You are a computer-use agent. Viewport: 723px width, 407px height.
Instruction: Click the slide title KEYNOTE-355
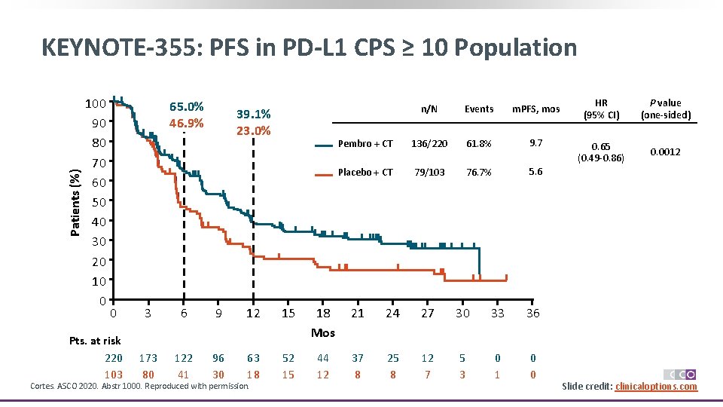[309, 48]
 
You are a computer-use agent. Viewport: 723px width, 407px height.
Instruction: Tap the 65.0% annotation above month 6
[186, 106]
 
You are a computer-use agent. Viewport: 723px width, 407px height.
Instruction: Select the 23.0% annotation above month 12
[253, 130]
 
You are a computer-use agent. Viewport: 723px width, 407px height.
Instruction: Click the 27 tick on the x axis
[427, 313]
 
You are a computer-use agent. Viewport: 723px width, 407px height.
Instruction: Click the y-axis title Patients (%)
[75, 192]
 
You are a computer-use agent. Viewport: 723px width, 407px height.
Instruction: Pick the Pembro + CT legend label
[365, 144]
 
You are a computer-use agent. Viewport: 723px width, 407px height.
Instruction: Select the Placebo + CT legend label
[365, 173]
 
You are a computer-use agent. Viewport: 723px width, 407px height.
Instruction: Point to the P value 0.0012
[665, 151]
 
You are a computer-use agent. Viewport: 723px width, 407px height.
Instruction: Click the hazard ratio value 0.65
[601, 146]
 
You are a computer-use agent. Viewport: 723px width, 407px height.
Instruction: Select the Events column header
[479, 109]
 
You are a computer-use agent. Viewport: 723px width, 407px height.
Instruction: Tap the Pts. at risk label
[95, 341]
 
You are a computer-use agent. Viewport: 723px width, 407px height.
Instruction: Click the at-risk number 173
[148, 359]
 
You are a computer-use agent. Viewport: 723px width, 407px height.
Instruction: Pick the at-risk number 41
[183, 375]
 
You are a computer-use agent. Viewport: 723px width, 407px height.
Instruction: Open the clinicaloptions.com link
[656, 387]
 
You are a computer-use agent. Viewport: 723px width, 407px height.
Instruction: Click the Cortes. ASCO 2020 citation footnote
[139, 387]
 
